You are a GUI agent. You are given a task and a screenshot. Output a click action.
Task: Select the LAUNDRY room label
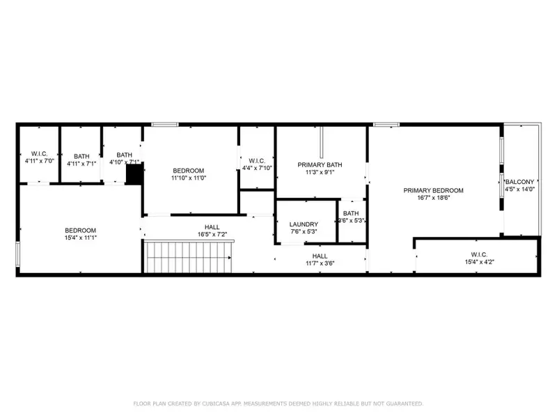(x=304, y=224)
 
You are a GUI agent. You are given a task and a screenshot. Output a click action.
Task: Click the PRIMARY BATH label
(x=320, y=165)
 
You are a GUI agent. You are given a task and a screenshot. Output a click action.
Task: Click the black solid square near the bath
(x=133, y=175)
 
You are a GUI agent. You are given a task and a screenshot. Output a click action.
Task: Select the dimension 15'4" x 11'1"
(x=81, y=238)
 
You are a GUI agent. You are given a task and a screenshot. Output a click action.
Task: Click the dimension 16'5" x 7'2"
(x=212, y=235)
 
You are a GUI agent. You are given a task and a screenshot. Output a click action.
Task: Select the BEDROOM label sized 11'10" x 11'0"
(x=189, y=171)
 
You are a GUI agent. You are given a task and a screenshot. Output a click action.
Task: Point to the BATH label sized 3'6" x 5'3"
(x=351, y=214)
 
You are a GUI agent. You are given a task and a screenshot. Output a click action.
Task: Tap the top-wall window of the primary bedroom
(x=386, y=125)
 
